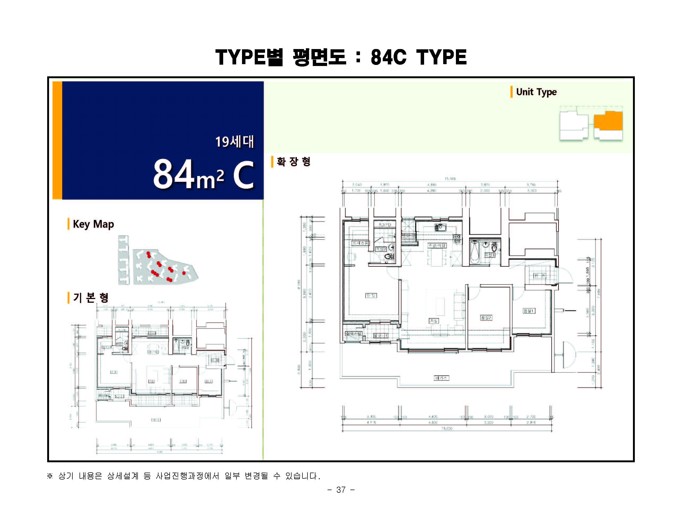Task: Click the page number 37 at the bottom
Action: click(x=341, y=490)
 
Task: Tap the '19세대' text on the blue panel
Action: click(x=235, y=142)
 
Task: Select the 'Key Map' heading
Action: click(x=93, y=224)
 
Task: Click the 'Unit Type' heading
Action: click(x=536, y=92)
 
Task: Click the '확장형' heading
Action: click(x=293, y=162)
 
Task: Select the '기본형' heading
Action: click(x=91, y=297)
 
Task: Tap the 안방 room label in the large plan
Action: click(x=371, y=296)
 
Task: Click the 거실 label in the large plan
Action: click(x=433, y=321)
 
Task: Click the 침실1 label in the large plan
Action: click(x=529, y=311)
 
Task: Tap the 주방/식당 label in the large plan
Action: click(x=437, y=246)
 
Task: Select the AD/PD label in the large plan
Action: click(x=385, y=225)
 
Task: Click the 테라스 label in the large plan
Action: click(x=441, y=378)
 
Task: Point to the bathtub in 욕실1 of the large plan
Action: click(x=475, y=253)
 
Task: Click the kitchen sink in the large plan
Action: click(x=440, y=227)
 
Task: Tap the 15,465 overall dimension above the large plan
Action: click(x=450, y=179)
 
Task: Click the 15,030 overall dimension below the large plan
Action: click(x=447, y=428)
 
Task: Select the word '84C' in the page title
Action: click(x=388, y=57)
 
